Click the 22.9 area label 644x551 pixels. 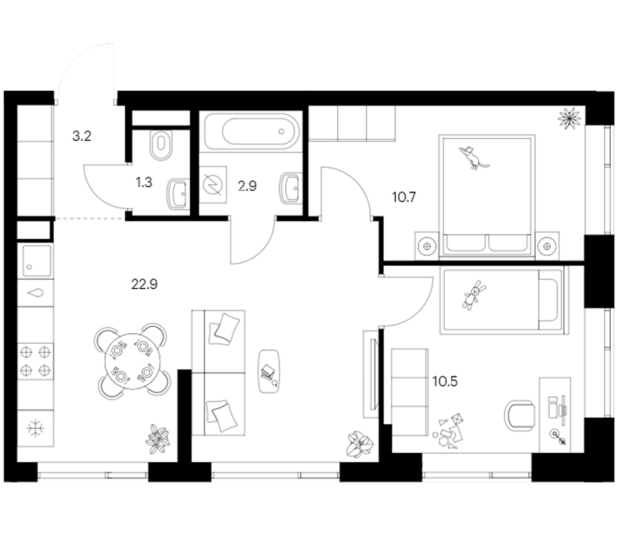tap(144, 284)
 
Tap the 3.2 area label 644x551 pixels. tap(82, 136)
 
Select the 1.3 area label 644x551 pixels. tap(144, 182)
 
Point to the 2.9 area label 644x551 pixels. tap(247, 186)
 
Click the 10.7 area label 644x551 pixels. tap(404, 197)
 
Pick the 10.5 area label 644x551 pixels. tap(445, 381)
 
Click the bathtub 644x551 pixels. tap(251, 131)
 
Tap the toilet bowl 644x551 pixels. tap(161, 145)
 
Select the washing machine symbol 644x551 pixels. tap(213, 184)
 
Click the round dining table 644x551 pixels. tap(133, 362)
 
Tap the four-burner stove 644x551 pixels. tap(36, 361)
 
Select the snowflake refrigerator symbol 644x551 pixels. tap(36, 429)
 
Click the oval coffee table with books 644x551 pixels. tap(269, 371)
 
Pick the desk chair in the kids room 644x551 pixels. tap(519, 416)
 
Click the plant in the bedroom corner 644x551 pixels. tap(569, 118)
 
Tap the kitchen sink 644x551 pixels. tap(36, 260)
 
